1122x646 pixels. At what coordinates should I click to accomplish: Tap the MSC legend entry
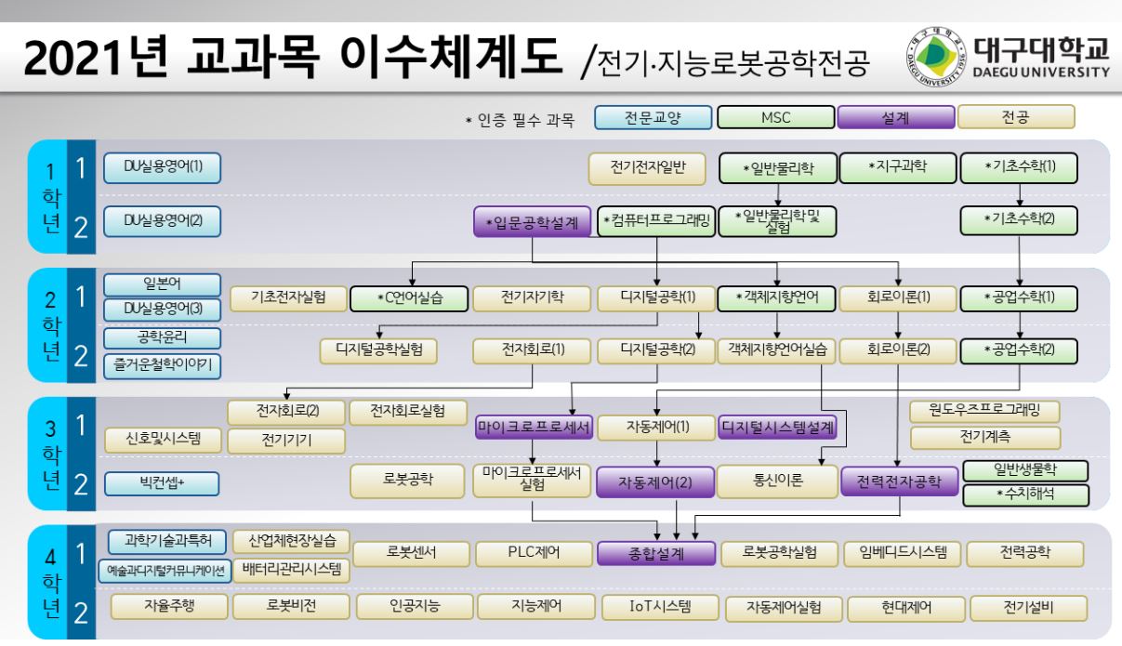(x=774, y=117)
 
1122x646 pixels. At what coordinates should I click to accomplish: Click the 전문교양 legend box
(x=653, y=117)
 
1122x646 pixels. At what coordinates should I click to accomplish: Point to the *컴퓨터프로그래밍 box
(x=656, y=221)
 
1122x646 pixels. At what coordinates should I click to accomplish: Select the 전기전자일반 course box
(x=647, y=168)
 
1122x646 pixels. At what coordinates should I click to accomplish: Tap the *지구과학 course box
(x=898, y=166)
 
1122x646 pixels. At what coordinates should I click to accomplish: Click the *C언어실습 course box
(x=408, y=298)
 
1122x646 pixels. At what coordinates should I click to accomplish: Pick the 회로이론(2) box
(x=898, y=350)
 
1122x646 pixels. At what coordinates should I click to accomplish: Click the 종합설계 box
(x=656, y=553)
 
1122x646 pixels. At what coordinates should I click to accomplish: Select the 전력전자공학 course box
(x=898, y=481)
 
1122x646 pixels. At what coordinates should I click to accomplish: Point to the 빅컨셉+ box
(x=164, y=481)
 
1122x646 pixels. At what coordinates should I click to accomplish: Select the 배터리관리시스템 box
(x=292, y=568)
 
